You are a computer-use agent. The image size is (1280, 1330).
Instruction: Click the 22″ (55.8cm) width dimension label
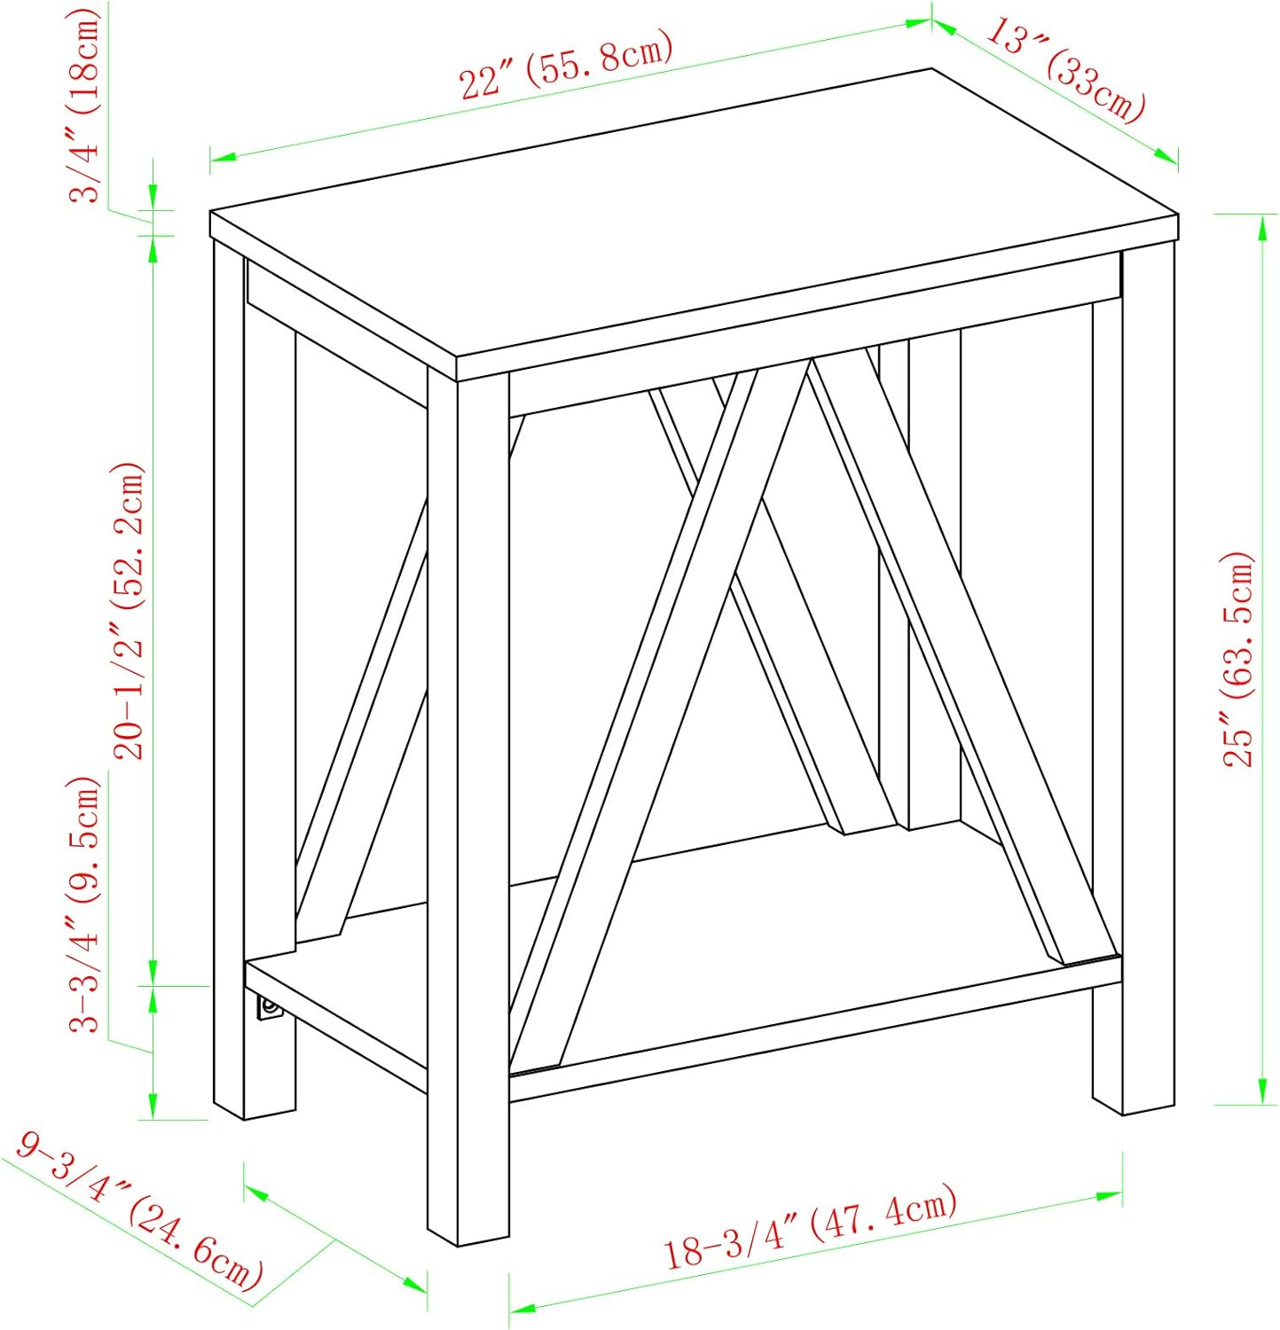564,66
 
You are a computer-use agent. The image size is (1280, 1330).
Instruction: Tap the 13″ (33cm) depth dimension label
1065,71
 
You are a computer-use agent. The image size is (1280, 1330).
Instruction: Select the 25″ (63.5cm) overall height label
1239,661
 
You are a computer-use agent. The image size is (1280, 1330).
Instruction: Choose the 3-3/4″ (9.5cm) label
87,904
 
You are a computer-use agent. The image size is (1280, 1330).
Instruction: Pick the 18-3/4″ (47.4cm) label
812,1227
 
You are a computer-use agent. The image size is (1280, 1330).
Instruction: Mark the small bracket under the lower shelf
266,1008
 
